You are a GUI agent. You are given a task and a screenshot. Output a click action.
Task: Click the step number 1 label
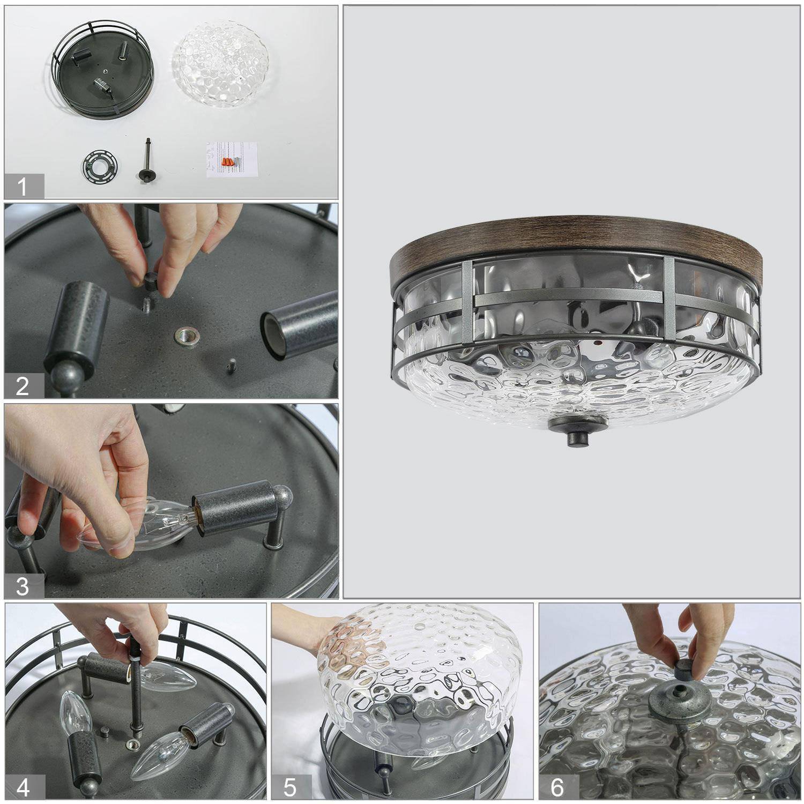click(22, 187)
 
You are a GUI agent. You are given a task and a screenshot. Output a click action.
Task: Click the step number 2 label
click(22, 386)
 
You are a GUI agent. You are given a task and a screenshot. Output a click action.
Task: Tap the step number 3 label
click(22, 586)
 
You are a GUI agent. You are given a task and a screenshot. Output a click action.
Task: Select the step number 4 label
click(23, 787)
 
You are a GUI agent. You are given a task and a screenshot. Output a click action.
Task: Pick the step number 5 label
click(289, 787)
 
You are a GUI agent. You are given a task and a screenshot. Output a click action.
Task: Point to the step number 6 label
click(557, 787)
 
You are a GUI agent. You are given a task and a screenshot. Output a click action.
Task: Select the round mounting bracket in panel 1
click(100, 163)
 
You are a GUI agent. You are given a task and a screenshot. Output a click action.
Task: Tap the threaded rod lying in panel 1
click(146, 160)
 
